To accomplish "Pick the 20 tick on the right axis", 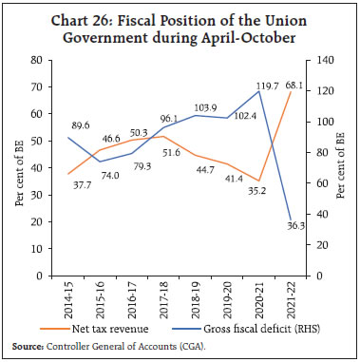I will [x=323, y=245].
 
